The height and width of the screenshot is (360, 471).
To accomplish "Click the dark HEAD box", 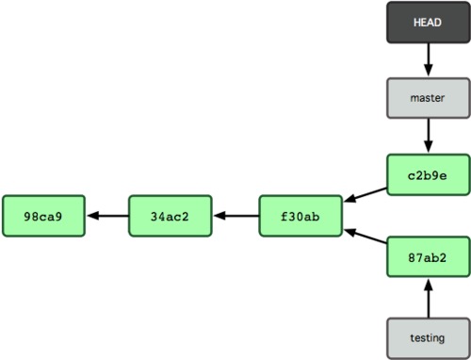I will tap(428, 23).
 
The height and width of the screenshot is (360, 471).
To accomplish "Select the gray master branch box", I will tap(428, 97).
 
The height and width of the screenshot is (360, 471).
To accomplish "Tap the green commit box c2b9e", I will tap(428, 174).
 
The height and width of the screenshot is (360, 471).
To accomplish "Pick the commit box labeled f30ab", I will tap(300, 217).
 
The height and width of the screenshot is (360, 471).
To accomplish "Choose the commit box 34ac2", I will tap(171, 217).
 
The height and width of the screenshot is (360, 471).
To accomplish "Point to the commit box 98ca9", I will tap(43, 217).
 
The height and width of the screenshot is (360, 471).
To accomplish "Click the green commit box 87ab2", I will tap(428, 257).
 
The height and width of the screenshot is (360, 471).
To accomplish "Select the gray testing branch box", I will tap(428, 335).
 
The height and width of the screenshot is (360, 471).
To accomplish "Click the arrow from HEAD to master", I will tap(428, 59).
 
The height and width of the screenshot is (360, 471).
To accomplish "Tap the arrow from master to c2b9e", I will tap(428, 136).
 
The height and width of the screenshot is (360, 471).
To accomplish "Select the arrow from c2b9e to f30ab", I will tap(365, 194).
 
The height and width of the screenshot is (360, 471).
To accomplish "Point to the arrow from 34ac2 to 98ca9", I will tap(106, 217).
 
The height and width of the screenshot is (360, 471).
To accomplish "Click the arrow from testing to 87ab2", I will tap(428, 298).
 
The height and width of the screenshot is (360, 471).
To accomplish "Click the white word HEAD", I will tap(428, 23).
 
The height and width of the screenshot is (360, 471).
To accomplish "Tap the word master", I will tap(428, 97).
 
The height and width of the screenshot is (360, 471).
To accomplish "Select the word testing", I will tap(428, 335).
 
